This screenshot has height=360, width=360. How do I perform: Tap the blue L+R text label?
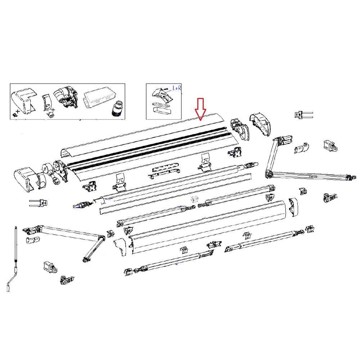point(177,88)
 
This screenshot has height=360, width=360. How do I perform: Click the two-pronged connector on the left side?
point(38,203)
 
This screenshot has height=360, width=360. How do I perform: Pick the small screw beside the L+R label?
point(166,87)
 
